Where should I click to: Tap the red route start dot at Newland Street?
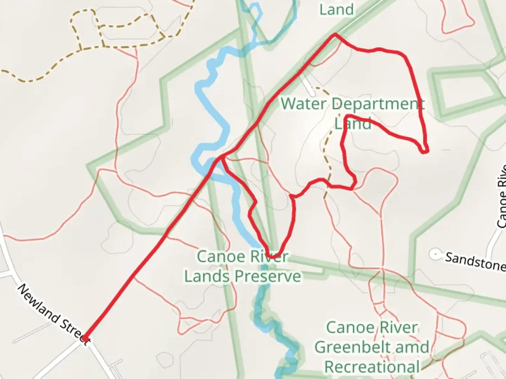85,338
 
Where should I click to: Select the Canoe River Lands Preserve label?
242,266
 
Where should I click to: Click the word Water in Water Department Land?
304,104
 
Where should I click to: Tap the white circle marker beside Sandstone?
436,254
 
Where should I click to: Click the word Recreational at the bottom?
372,367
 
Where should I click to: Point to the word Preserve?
268,276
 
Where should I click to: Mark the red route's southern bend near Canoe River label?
272,257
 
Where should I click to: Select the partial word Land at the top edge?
336,9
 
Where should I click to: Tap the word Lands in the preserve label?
207,276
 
